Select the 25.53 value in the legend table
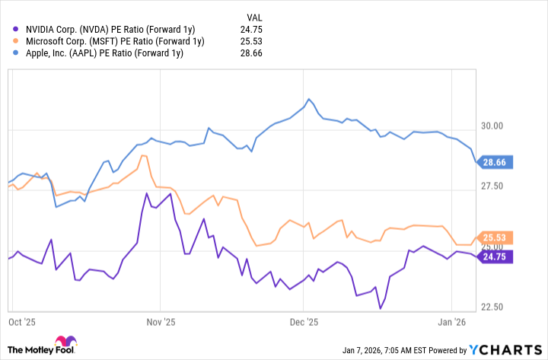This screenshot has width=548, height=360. click(x=260, y=41)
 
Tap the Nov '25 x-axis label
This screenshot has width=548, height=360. click(x=160, y=322)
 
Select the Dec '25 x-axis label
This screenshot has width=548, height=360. click(x=303, y=322)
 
